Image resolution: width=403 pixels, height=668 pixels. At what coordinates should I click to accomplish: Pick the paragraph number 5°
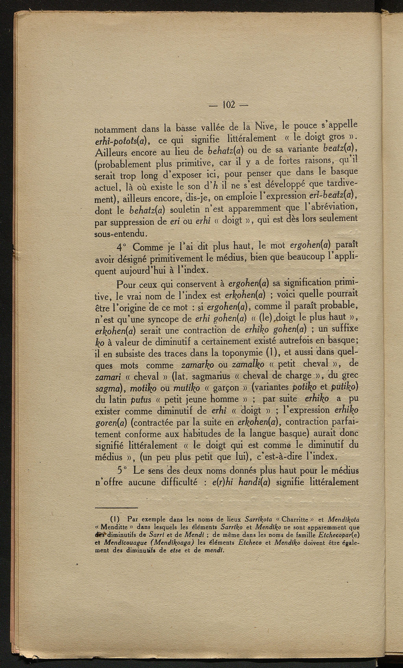point(122,471)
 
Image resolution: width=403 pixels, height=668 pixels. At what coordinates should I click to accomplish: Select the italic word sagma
point(110,388)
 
